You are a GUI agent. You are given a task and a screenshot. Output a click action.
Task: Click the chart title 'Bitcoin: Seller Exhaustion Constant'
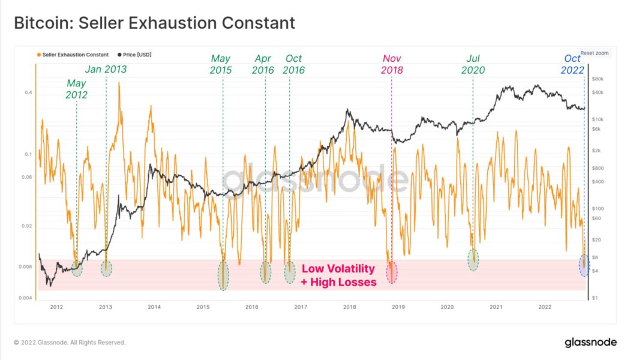[x=154, y=23]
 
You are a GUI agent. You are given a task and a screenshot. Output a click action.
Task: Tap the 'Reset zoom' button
[x=594, y=53]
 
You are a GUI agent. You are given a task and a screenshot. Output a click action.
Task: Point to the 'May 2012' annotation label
[x=76, y=89]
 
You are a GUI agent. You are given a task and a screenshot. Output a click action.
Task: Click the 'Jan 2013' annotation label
[x=106, y=69]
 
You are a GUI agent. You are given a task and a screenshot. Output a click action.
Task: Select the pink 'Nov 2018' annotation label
[x=392, y=64]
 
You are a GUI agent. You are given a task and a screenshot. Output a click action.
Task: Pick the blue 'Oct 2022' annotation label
[x=572, y=64]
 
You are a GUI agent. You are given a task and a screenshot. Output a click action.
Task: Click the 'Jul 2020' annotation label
[x=473, y=64]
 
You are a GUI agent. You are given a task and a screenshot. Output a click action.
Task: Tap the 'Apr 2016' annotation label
[x=263, y=64]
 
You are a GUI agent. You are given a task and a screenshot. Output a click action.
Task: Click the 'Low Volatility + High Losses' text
[x=338, y=275]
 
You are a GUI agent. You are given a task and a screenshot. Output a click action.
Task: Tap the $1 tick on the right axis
[x=595, y=298]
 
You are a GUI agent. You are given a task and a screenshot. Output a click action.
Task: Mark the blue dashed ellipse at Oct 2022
[x=584, y=265]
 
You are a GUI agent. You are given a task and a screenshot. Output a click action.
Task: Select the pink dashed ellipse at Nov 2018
[x=391, y=272]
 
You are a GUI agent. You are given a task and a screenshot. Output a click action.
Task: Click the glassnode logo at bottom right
[x=590, y=342]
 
